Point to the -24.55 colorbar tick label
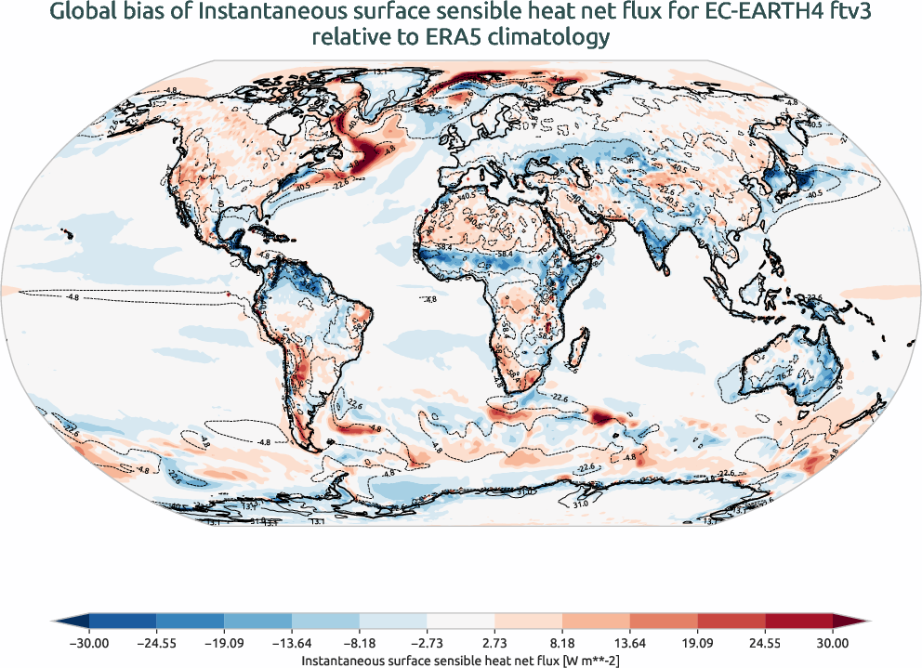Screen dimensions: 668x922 pyautogui.click(x=157, y=642)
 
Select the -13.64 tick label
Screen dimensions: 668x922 pyautogui.click(x=292, y=642)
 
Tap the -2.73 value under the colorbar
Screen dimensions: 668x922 pyautogui.click(x=427, y=642)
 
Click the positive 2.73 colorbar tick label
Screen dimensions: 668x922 pyautogui.click(x=494, y=642)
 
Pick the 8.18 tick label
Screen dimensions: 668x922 pyautogui.click(x=562, y=642)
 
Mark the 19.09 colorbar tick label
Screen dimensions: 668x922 pyautogui.click(x=697, y=642)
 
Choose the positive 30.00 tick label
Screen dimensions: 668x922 pyautogui.click(x=832, y=642)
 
